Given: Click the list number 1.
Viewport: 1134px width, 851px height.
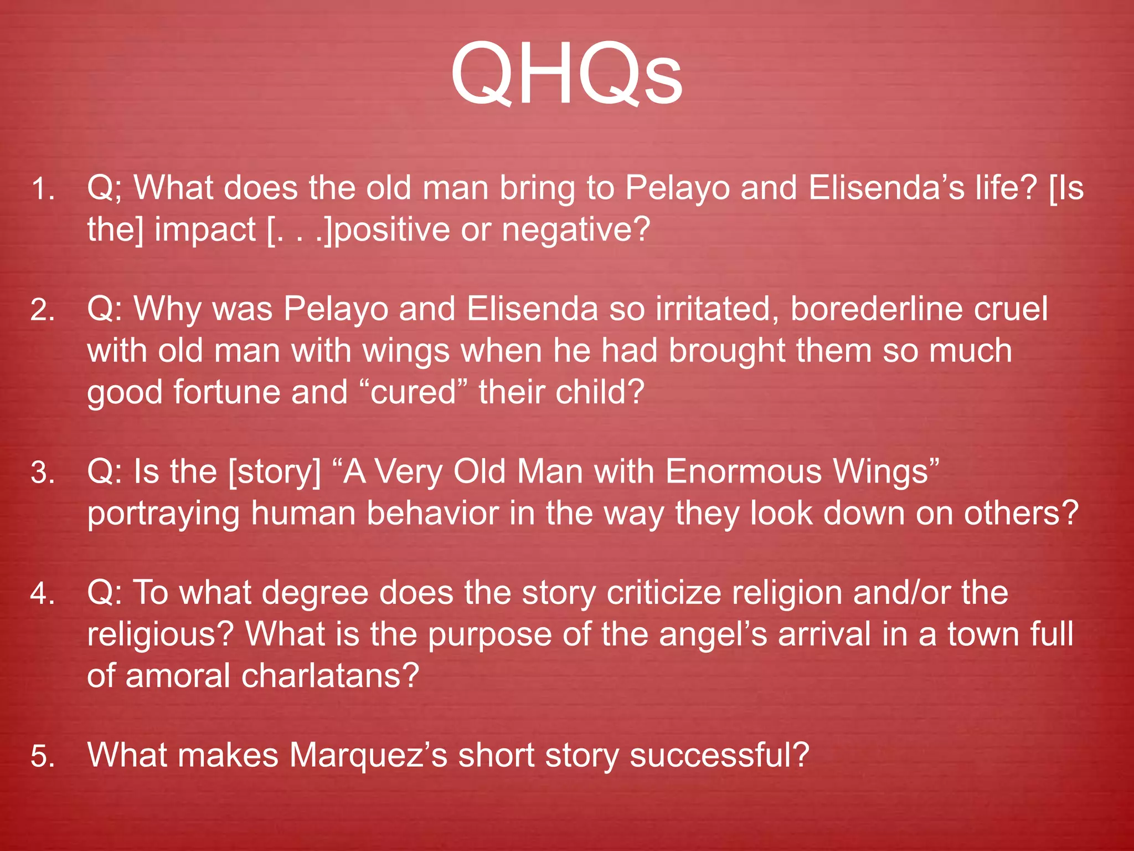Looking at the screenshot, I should [x=43, y=189].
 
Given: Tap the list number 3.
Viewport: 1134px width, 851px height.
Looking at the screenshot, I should [x=43, y=474].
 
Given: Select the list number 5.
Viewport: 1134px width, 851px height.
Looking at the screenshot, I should [x=43, y=757].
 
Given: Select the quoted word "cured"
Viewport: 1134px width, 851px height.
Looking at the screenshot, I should [x=413, y=392].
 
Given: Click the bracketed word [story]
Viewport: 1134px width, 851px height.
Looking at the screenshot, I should [x=275, y=473].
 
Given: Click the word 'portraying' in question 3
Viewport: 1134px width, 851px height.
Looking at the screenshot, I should [x=163, y=514].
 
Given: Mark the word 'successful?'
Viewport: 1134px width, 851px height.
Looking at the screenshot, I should [x=719, y=756].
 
